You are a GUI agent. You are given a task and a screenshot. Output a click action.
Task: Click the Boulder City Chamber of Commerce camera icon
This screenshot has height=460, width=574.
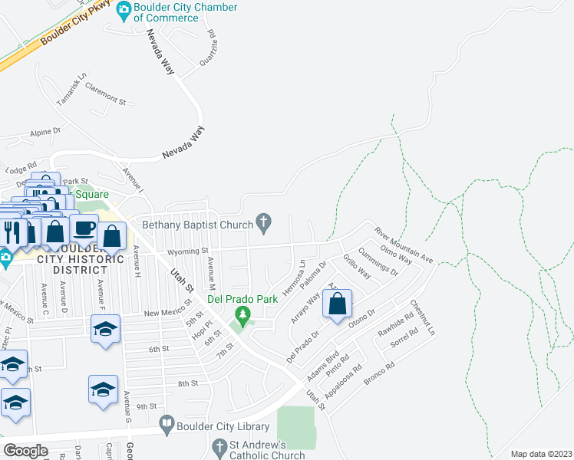(x=123, y=12)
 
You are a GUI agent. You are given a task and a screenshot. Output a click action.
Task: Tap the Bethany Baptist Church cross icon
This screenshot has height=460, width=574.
(x=264, y=224)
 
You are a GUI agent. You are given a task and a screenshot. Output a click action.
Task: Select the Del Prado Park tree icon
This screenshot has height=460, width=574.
(x=243, y=314)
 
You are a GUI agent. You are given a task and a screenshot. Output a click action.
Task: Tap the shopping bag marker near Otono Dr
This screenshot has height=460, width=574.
(x=338, y=304)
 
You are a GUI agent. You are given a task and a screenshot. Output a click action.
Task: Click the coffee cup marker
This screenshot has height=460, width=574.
(x=84, y=228)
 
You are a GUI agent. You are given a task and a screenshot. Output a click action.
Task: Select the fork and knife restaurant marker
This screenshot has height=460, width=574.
(x=12, y=229)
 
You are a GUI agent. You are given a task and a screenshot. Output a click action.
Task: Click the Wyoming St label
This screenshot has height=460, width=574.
(x=188, y=251)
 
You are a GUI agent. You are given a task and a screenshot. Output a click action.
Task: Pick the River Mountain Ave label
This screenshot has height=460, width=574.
(x=404, y=245)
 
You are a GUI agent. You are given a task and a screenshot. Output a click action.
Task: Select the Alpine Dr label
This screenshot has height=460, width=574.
(x=45, y=132)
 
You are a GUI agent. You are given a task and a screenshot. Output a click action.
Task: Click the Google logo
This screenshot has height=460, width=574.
(x=26, y=451)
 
